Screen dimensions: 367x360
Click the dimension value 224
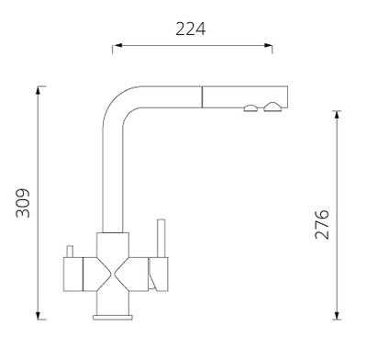click(x=191, y=29)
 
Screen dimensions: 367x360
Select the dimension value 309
click(x=23, y=203)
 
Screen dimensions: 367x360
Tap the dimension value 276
click(x=322, y=224)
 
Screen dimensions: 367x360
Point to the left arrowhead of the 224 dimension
click(x=117, y=46)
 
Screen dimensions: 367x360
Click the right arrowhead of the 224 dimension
click(x=268, y=46)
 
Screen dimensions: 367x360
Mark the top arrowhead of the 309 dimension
click(x=38, y=91)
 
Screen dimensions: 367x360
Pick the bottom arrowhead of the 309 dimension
click(x=38, y=315)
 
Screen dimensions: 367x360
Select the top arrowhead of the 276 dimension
click(x=337, y=115)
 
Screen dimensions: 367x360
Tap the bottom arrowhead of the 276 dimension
click(x=337, y=315)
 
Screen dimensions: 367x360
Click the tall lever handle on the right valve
click(x=161, y=238)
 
